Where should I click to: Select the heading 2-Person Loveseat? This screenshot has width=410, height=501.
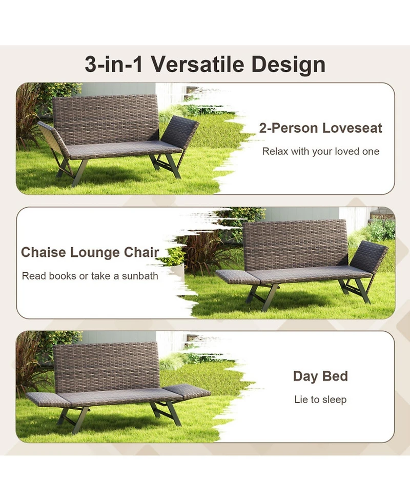(x=320, y=128)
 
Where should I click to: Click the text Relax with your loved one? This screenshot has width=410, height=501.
(x=321, y=151)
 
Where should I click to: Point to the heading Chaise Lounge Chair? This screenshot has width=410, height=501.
(x=90, y=252)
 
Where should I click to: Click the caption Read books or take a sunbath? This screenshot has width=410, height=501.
(x=90, y=276)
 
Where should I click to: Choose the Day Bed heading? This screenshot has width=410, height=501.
(x=320, y=376)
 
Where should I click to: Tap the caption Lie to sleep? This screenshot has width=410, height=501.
(x=320, y=399)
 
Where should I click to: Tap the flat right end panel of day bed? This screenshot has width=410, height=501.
(x=187, y=392)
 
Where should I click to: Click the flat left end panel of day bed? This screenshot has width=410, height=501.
(x=48, y=399)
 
